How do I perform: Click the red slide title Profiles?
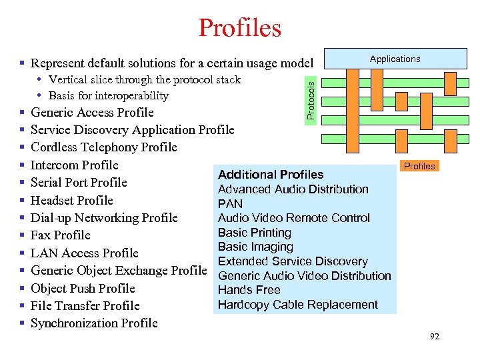point(240,28)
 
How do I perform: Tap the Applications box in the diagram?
point(395,59)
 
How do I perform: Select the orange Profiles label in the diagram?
point(419,166)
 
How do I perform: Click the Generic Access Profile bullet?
point(92,113)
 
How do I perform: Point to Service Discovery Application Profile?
point(132,130)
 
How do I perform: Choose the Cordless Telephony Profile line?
point(103,147)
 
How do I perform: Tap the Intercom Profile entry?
point(74,165)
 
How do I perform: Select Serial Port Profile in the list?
point(79,183)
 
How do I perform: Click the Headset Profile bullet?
point(72,201)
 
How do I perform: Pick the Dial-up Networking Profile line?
point(104,218)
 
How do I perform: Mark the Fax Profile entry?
point(60,235)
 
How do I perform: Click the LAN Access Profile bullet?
point(85,253)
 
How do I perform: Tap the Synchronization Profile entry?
point(94,323)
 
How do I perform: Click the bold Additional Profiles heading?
point(271,175)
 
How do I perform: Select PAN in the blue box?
point(230,203)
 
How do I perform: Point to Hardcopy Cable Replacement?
point(298,305)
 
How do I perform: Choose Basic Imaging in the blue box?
point(255,247)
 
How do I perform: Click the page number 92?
point(435,337)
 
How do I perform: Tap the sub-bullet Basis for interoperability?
point(108,95)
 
